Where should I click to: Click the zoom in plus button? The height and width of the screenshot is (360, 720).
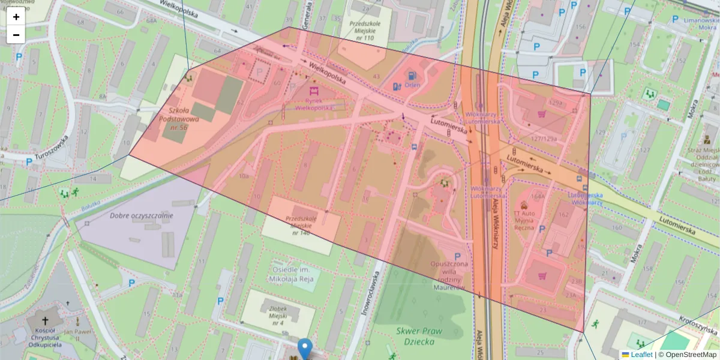[x=16, y=17]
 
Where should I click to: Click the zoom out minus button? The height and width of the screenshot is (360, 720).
[x=16, y=35]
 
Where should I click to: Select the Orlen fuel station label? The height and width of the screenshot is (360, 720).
[x=412, y=85]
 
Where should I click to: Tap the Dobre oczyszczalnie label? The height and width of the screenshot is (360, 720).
[x=142, y=215]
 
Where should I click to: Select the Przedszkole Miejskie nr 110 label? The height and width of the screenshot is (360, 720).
[x=365, y=31]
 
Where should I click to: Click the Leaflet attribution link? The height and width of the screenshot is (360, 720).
[x=641, y=355]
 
